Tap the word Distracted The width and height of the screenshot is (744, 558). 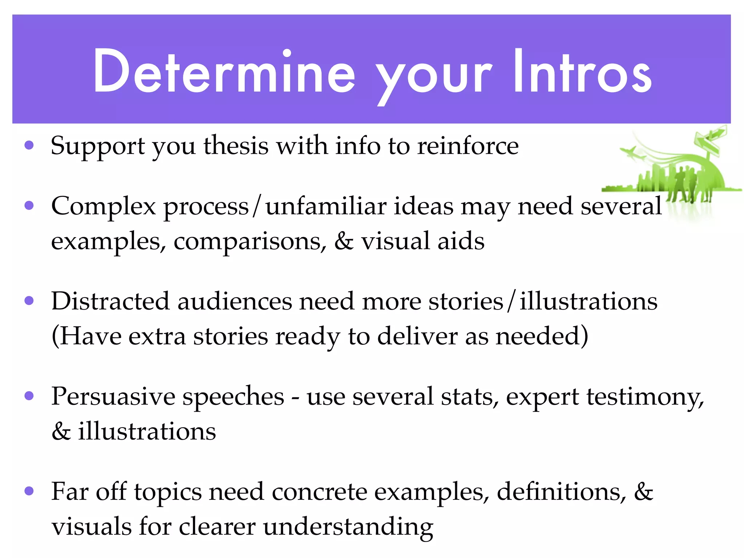[110, 302]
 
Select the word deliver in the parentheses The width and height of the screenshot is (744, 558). [417, 336]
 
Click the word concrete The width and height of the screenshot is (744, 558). [319, 493]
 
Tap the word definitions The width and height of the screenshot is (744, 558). [561, 493]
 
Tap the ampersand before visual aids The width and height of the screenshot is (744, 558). [343, 242]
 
